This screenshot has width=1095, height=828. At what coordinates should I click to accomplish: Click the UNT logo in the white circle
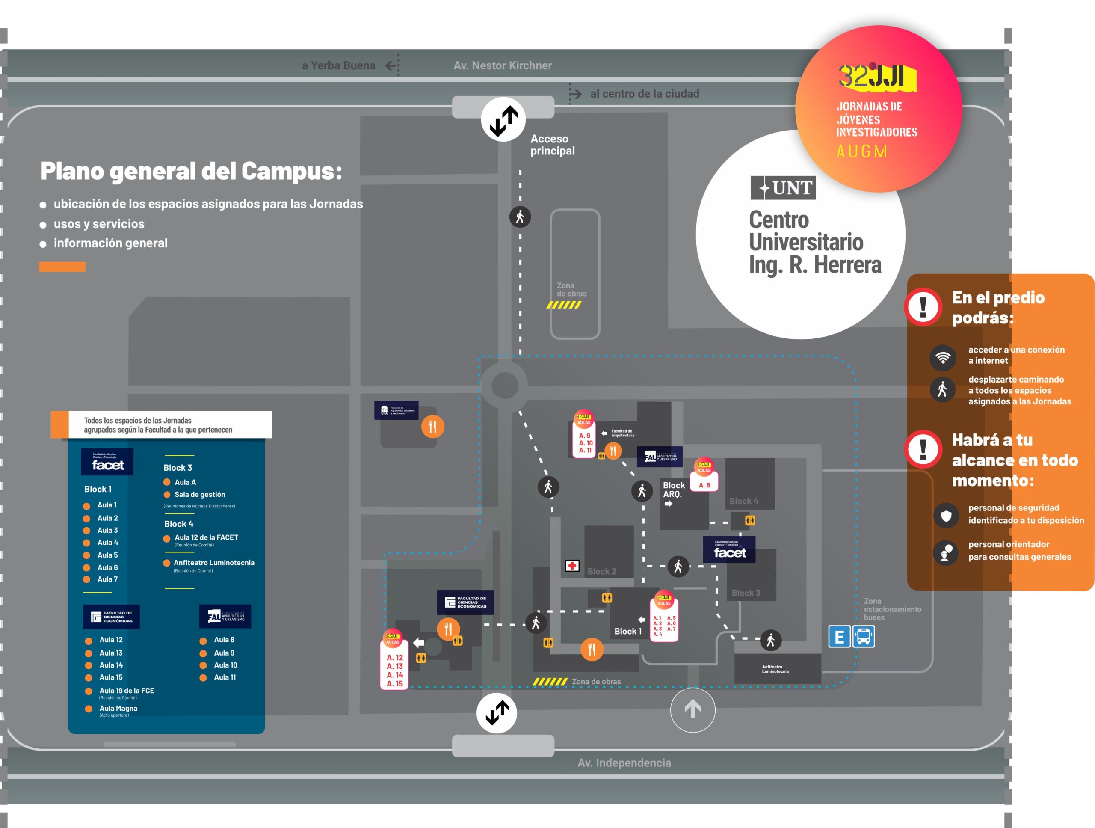[x=783, y=188]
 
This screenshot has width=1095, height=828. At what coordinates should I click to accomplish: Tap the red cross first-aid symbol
[x=572, y=566]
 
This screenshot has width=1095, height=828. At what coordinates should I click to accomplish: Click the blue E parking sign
[x=839, y=637]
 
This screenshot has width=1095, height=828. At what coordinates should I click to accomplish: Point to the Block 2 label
[x=601, y=572]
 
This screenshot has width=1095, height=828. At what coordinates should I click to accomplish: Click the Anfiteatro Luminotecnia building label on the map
[x=775, y=669]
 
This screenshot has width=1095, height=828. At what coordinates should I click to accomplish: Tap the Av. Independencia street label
[x=624, y=763]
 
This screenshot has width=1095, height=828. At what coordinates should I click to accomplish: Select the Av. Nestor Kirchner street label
[x=503, y=65]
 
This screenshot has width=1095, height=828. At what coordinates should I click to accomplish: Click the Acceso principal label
[x=553, y=145]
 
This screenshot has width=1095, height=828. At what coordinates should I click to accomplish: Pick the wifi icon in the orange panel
[x=943, y=358]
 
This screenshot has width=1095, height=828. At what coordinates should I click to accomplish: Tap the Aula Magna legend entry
[x=118, y=709]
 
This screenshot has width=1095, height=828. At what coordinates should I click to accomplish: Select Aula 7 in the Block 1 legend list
[x=107, y=579]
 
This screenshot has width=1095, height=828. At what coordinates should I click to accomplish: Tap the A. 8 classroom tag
[x=704, y=485]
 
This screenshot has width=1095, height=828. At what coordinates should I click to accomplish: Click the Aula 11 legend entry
[x=225, y=677]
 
